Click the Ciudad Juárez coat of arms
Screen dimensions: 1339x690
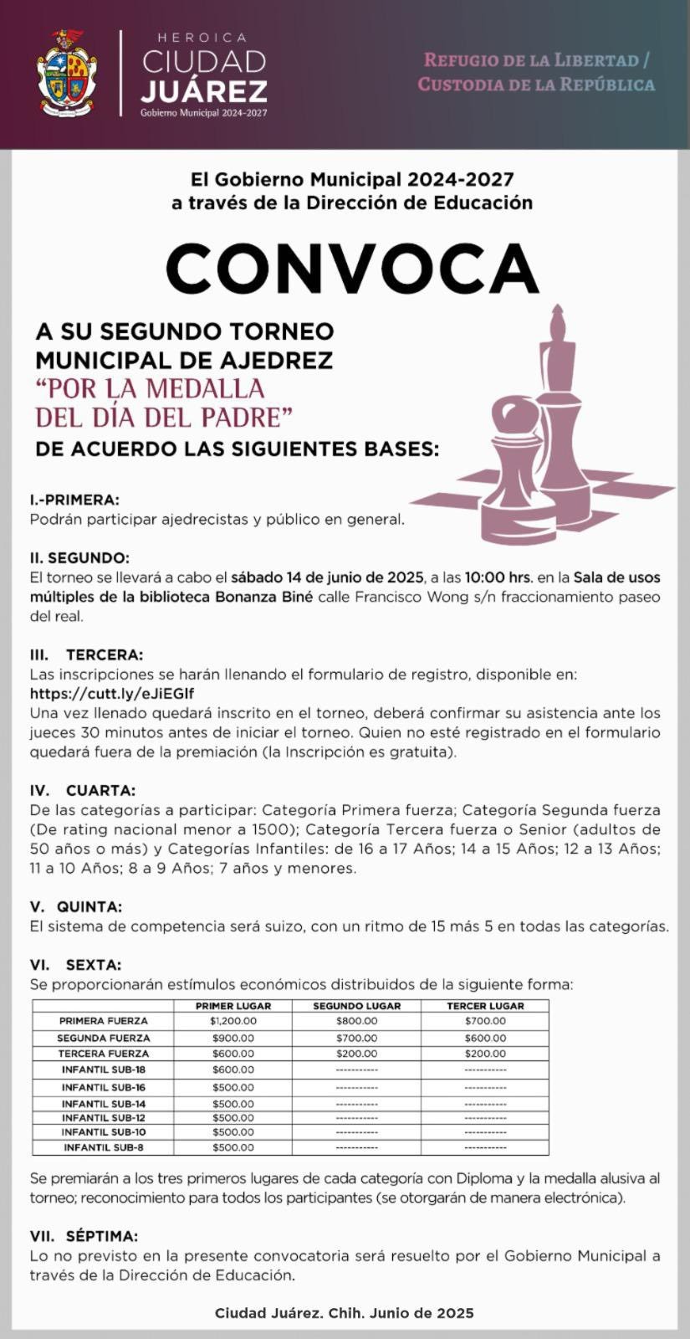67,74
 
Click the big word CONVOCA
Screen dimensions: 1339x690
352,267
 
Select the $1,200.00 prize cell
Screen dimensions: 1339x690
233,1021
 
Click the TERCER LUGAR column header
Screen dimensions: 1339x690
485,1006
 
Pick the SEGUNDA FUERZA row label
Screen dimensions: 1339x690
103,1038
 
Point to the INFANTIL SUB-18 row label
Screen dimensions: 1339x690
104,1070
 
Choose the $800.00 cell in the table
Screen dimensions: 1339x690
356,1021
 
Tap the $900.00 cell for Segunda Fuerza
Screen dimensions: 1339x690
233,1038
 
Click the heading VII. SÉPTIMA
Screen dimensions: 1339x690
84,1236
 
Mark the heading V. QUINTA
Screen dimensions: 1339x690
75,907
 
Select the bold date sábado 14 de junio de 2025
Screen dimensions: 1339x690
327,577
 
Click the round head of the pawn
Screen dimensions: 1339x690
511,415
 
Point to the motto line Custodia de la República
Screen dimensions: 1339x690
536,85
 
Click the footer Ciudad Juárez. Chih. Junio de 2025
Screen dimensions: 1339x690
345,1313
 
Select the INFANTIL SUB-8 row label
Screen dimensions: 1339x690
104,1147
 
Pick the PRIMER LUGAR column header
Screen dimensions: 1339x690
233,1006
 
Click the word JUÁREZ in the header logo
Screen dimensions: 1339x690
204,91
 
